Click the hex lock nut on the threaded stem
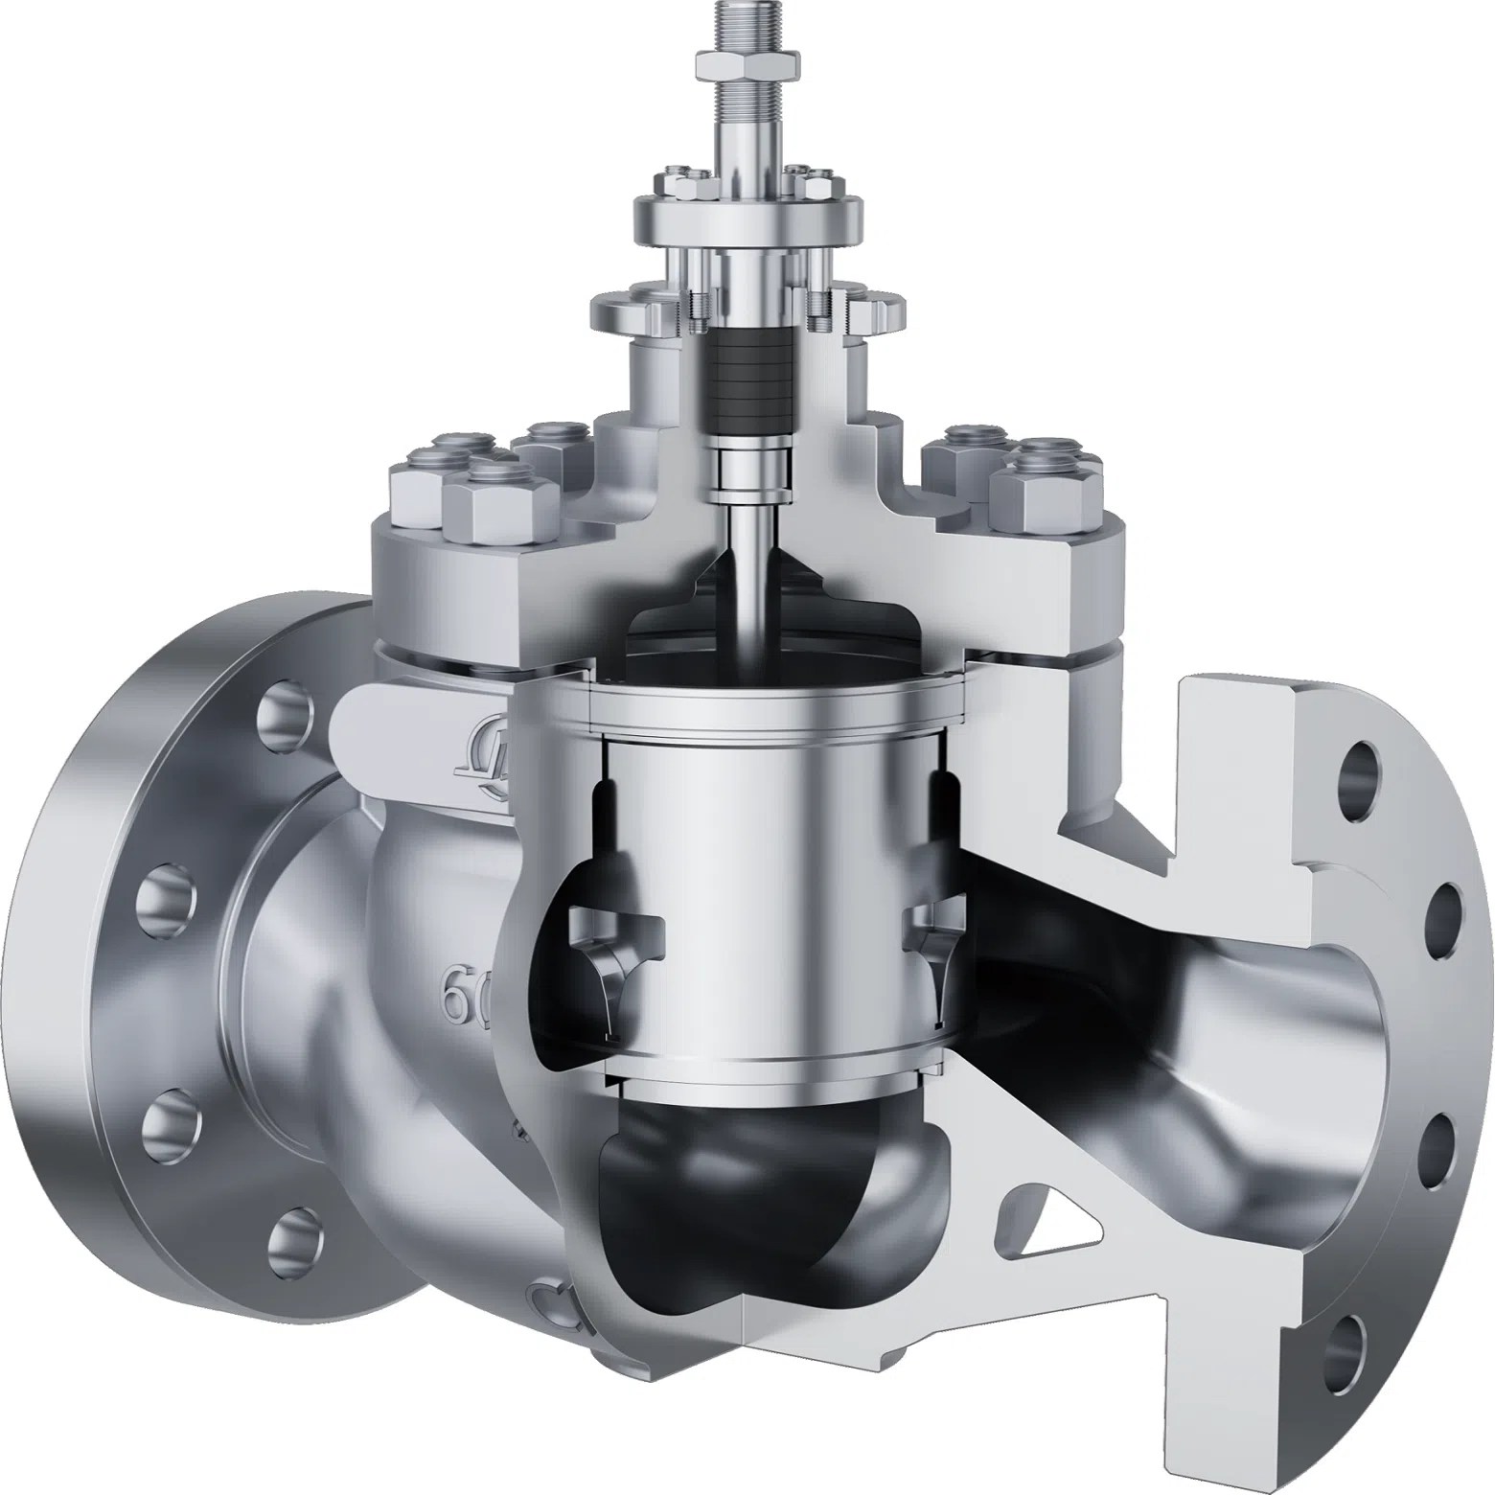[x=745, y=66]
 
